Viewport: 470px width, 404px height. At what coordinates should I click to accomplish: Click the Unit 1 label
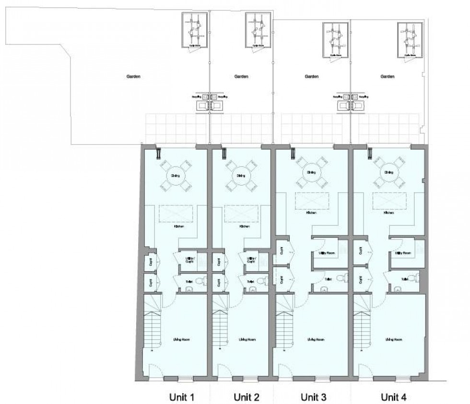(182, 397)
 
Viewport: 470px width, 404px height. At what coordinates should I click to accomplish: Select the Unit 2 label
(247, 397)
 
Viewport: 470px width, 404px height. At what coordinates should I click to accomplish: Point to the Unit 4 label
(394, 397)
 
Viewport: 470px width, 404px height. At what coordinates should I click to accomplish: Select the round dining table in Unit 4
(387, 172)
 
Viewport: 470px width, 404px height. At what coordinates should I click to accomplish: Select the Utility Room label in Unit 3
(326, 253)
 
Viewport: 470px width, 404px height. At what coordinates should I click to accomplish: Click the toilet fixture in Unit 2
(261, 281)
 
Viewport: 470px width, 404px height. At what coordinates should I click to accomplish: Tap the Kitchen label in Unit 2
(244, 226)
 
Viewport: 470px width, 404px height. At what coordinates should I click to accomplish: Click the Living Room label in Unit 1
(180, 340)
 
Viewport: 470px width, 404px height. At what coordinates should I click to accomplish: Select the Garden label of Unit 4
(387, 76)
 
